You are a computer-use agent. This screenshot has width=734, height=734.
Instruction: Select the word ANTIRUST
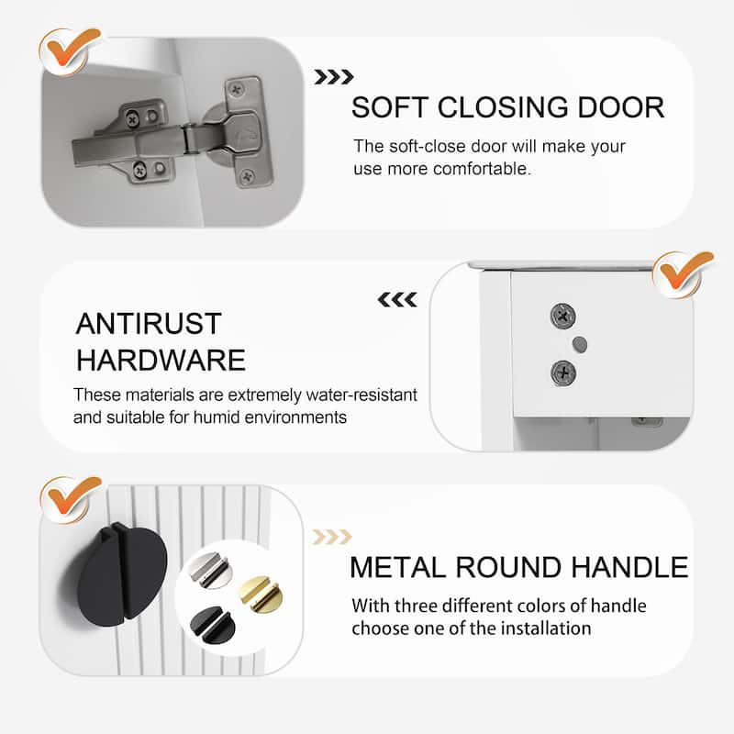tap(149, 324)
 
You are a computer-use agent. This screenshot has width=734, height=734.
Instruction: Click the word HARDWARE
tap(161, 360)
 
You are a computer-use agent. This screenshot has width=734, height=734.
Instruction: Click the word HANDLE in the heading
tap(629, 567)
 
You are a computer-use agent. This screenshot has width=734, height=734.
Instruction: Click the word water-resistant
tap(361, 395)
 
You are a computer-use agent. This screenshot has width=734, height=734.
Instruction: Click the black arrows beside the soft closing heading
tap(334, 77)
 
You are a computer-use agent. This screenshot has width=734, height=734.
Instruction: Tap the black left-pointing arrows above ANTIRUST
tap(397, 300)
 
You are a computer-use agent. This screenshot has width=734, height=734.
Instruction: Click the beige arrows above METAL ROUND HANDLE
tap(332, 537)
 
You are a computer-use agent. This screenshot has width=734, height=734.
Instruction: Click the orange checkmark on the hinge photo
tap(71, 50)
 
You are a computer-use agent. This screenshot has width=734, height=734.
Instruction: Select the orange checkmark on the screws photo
tap(683, 273)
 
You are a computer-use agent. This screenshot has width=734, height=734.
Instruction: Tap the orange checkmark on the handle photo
tap(71, 499)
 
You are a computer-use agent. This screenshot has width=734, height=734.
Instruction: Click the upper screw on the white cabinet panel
tap(563, 316)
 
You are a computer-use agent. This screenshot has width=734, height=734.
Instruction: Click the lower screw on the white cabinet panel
tap(563, 373)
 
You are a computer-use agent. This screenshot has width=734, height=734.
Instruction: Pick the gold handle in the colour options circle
tap(261, 594)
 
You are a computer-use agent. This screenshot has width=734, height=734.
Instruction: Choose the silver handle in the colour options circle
tap(210, 570)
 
